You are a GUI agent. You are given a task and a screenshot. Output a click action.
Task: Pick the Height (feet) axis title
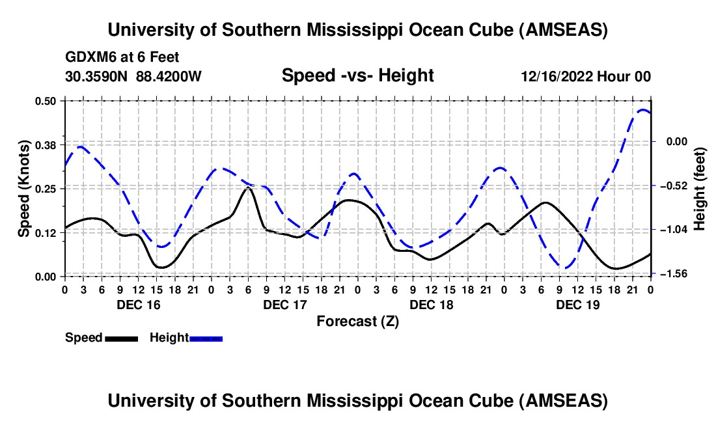(700, 189)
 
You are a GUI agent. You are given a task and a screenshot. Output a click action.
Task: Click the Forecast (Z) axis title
(357, 321)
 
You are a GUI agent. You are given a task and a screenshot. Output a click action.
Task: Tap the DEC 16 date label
(138, 305)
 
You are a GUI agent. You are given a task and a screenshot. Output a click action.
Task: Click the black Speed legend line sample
(121, 338)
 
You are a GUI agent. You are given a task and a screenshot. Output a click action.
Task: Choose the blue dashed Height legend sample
(206, 338)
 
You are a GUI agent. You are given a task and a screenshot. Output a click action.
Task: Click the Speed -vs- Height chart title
(357, 76)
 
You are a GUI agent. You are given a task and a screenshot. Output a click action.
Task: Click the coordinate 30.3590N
(97, 76)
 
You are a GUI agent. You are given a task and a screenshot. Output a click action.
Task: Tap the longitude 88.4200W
(169, 76)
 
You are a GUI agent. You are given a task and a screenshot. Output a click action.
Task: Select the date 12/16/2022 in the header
(557, 76)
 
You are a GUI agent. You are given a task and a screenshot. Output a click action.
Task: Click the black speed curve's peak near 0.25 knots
(248, 187)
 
